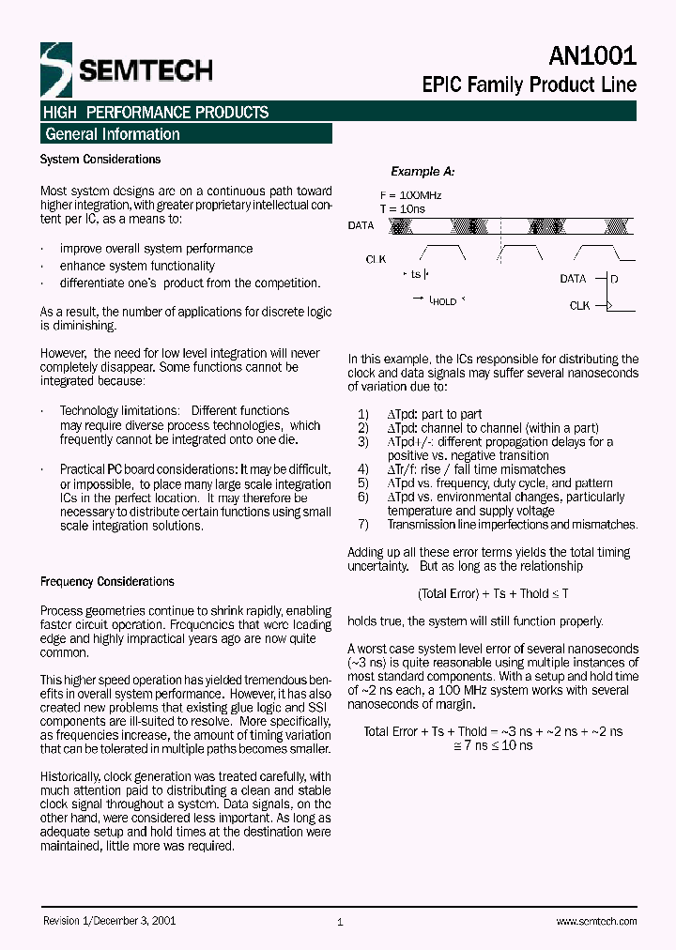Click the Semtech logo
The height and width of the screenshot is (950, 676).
click(126, 69)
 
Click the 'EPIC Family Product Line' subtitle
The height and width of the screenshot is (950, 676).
click(529, 84)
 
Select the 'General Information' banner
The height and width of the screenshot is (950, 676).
click(113, 134)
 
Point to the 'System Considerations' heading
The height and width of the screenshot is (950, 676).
click(100, 160)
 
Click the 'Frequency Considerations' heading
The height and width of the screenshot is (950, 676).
click(107, 582)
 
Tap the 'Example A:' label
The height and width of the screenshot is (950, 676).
click(422, 172)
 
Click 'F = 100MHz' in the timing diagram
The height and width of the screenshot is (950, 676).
click(411, 195)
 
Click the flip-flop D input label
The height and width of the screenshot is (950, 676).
click(614, 279)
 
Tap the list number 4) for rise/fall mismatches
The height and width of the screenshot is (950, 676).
click(363, 469)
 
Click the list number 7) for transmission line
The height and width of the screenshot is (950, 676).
click(363, 525)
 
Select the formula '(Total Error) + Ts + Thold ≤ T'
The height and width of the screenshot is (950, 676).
click(493, 593)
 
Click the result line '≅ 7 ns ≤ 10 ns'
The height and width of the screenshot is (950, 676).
click(494, 744)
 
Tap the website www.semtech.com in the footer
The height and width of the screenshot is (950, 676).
click(596, 922)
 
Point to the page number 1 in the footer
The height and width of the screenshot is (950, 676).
click(340, 923)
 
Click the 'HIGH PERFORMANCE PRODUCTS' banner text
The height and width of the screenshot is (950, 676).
click(156, 113)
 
